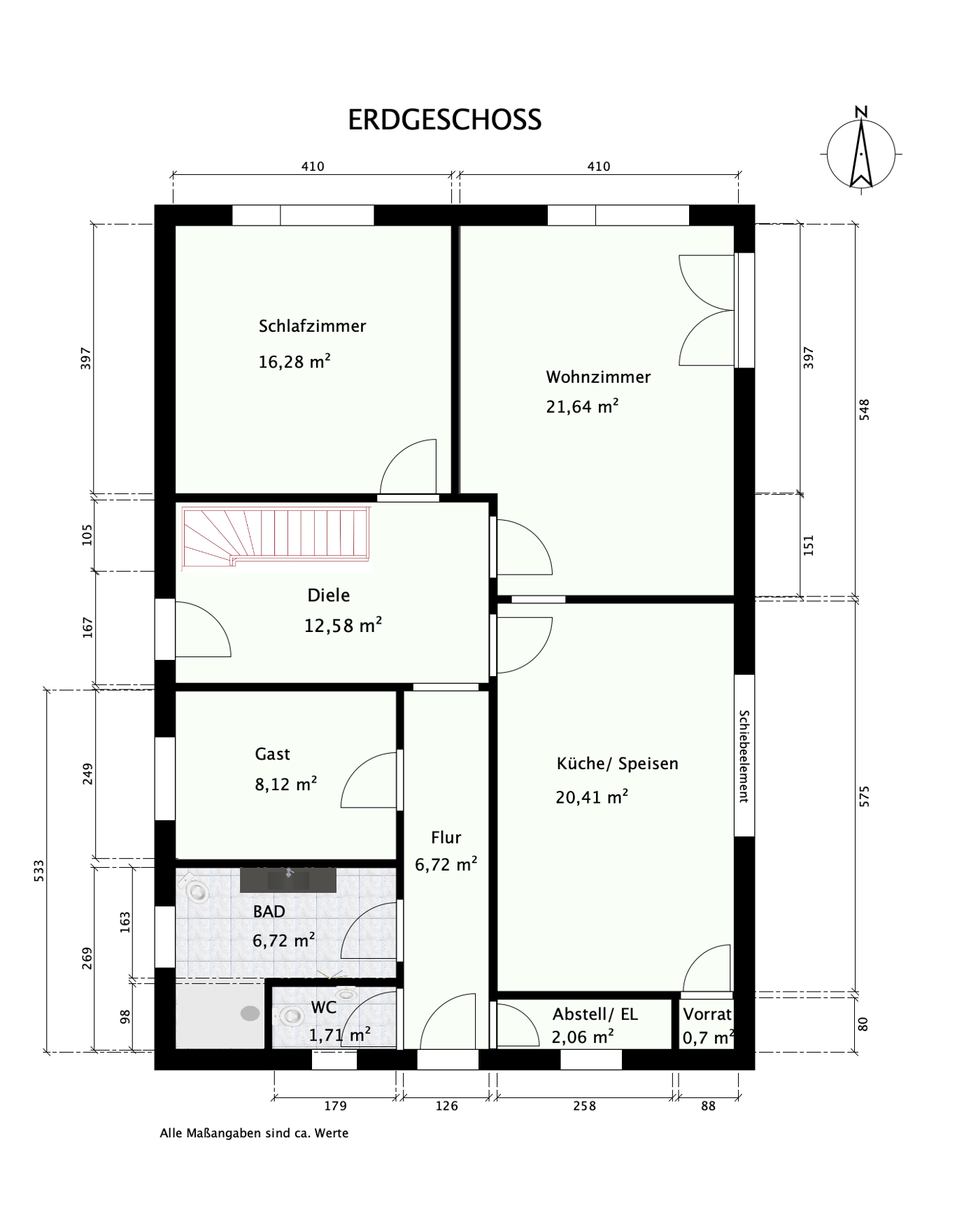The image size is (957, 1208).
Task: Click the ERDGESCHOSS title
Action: (x=444, y=120)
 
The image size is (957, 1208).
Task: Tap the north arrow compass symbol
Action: (x=861, y=153)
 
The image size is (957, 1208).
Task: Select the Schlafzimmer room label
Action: (x=312, y=326)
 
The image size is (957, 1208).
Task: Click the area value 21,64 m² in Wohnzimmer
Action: (x=582, y=407)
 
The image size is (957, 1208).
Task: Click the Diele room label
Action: (x=328, y=596)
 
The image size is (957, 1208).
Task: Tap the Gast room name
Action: (x=272, y=754)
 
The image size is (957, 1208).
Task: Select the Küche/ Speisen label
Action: (x=617, y=764)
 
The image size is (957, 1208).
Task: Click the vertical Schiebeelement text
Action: (x=744, y=756)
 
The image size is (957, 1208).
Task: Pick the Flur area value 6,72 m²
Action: (x=446, y=865)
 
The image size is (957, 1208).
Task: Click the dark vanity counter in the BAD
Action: (x=288, y=879)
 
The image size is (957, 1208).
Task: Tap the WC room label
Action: (x=324, y=1008)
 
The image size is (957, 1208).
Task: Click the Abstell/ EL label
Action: (x=595, y=1014)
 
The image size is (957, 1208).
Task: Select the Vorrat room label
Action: (x=707, y=1014)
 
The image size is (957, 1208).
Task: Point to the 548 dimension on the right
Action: (x=865, y=409)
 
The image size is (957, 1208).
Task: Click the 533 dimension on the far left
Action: (x=39, y=870)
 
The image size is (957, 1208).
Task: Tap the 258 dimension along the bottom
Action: (x=584, y=1106)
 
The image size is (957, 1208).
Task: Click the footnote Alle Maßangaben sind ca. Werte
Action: (x=254, y=1133)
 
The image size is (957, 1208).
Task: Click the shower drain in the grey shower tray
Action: (x=250, y=1013)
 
